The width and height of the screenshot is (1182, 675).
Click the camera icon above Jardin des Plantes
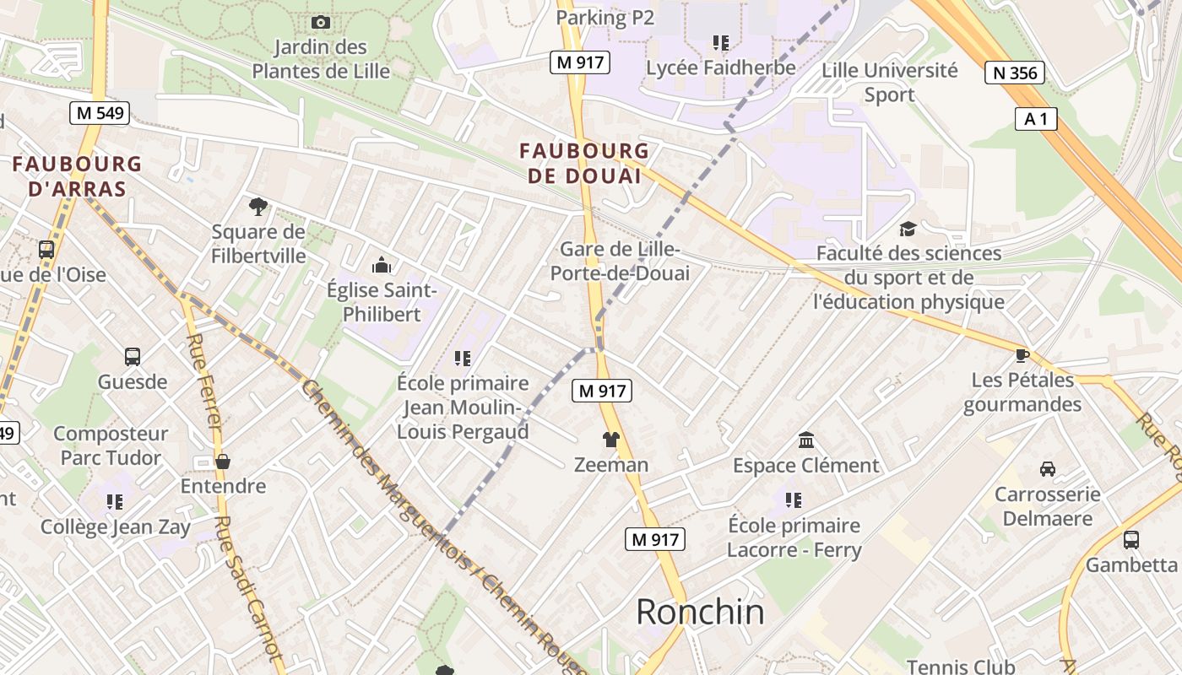click(321, 23)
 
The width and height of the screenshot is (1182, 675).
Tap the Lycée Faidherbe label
click(720, 67)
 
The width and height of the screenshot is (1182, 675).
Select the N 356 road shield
click(1015, 73)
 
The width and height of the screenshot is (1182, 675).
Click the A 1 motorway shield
click(1036, 120)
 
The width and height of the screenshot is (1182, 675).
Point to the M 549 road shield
click(99, 113)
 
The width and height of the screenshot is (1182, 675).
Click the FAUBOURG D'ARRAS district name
click(77, 175)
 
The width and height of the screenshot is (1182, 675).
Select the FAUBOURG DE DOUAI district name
click(584, 164)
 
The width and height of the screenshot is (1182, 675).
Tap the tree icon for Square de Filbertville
click(258, 206)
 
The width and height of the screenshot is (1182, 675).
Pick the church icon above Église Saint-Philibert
click(382, 265)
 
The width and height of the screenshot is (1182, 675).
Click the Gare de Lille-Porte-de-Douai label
click(620, 262)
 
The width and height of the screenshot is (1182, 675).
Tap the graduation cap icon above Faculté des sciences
click(908, 229)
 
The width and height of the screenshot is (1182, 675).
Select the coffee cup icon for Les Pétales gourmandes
click(1022, 355)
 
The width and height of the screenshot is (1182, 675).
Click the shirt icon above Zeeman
click(611, 440)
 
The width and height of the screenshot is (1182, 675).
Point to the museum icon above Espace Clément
click(805, 440)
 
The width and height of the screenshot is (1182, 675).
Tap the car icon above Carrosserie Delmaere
click(1047, 469)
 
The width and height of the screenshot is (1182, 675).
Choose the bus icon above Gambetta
click(1130, 540)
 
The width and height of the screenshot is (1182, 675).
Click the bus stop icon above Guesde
click(133, 356)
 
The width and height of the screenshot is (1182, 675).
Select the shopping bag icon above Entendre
click(223, 462)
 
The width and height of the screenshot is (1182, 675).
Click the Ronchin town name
click(700, 611)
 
